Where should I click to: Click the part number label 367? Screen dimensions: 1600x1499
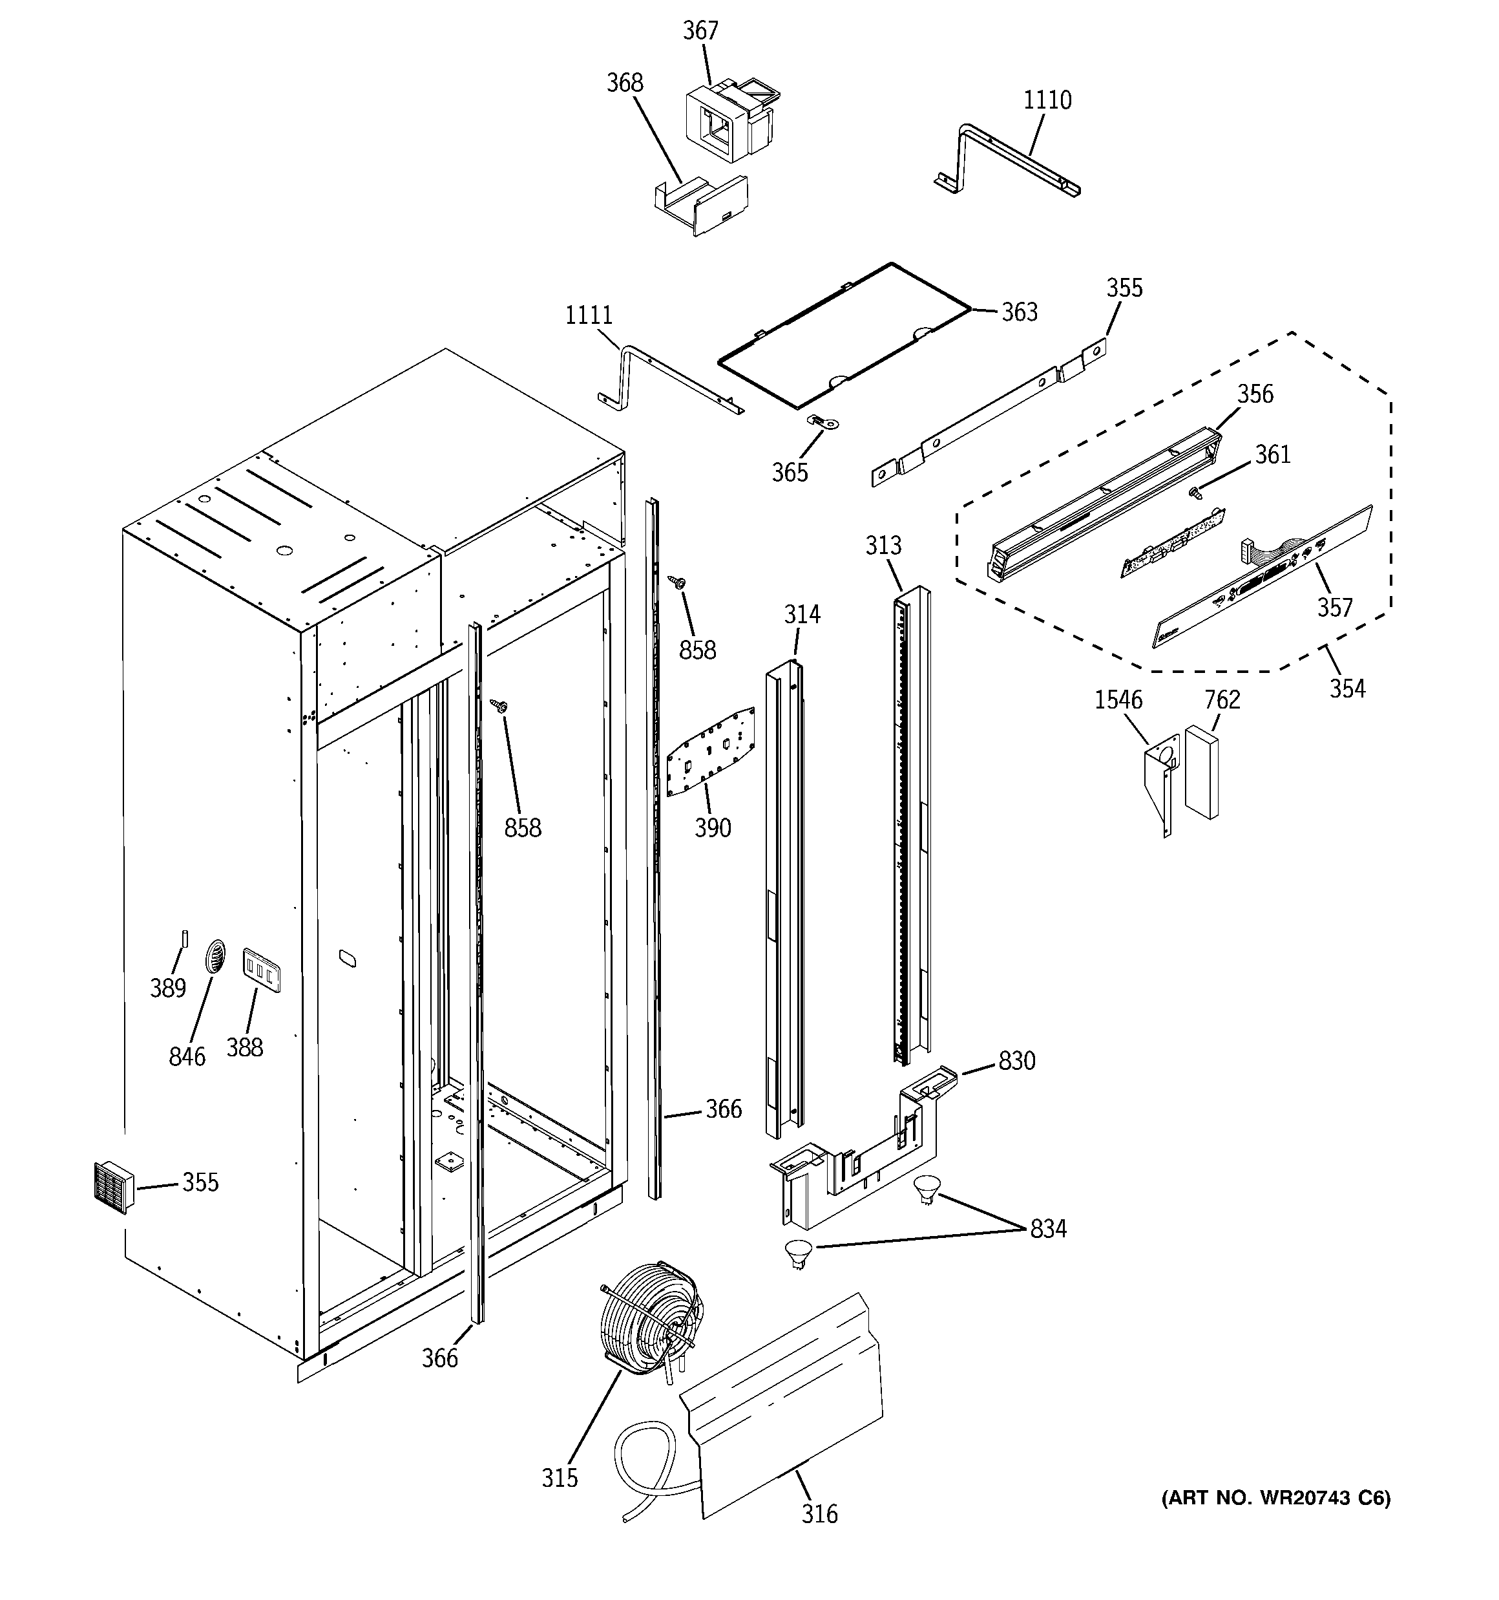(700, 30)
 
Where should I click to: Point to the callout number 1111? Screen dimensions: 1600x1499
(588, 315)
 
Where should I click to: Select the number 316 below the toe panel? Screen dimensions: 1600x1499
(819, 1514)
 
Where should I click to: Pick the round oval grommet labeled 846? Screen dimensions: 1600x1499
(215, 957)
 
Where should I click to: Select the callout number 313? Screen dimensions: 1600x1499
(883, 546)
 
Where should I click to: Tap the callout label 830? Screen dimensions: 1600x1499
(1016, 1061)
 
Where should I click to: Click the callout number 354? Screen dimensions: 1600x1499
(1346, 688)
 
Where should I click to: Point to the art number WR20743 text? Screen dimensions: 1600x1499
(1275, 1498)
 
